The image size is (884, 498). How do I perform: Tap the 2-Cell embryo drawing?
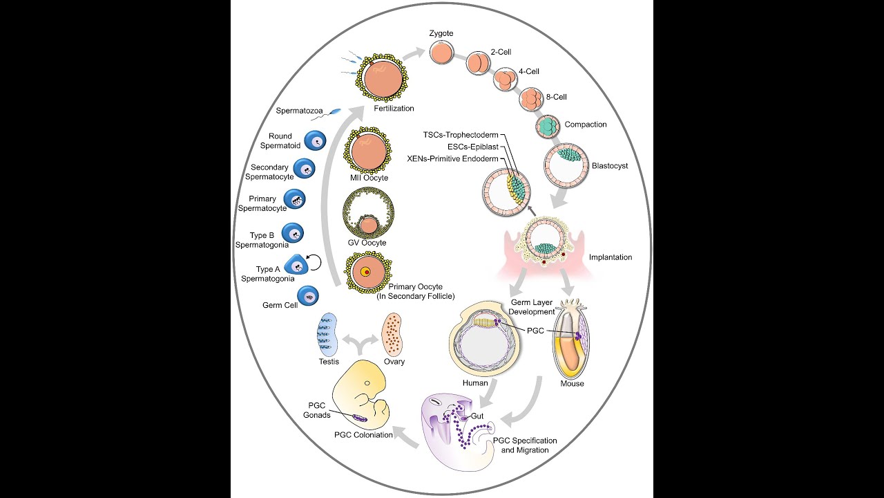pos(477,64)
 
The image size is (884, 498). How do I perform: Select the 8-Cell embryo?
pos(532,98)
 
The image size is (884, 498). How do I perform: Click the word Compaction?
pos(586,124)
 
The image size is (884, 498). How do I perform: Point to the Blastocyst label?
pos(610,166)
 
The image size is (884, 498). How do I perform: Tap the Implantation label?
pos(610,257)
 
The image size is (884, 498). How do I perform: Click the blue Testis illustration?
pos(328,334)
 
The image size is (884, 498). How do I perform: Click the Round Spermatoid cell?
pos(316,142)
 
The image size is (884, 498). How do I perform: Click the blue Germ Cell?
pos(308,297)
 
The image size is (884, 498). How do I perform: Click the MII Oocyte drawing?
pos(369,150)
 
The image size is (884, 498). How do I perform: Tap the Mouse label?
pos(572,383)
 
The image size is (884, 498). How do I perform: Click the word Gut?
pos(478,416)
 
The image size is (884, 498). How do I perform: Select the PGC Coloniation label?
pos(363,434)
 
